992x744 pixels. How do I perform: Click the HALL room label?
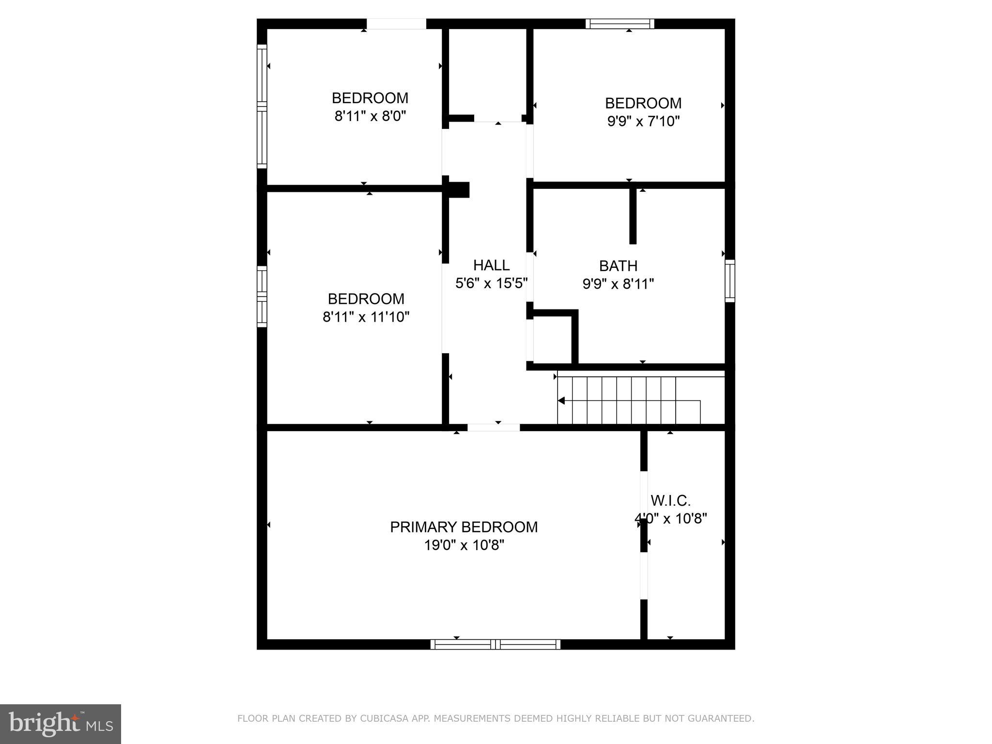(491, 265)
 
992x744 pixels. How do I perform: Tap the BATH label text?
(618, 266)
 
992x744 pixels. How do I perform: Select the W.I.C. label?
(670, 500)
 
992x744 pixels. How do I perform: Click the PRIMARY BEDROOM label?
(464, 527)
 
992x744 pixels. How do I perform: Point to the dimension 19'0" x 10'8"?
(464, 545)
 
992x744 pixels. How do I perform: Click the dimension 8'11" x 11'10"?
(366, 317)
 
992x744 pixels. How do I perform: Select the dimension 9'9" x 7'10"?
(643, 121)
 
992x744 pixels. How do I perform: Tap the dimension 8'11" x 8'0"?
(370, 116)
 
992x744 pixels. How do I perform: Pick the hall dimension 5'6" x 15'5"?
(491, 283)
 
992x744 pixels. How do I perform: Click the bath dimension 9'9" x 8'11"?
(618, 284)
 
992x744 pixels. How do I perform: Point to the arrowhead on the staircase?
(561, 401)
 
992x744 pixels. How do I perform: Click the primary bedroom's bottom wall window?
(495, 644)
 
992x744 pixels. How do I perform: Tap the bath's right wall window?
(729, 281)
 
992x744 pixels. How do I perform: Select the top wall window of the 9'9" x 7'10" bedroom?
(620, 24)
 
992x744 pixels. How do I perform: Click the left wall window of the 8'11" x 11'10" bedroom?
(262, 296)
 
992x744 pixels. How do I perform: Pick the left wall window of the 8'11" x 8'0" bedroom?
(262, 107)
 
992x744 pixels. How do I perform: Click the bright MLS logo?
(61, 724)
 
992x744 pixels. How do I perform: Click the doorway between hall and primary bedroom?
(493, 427)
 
